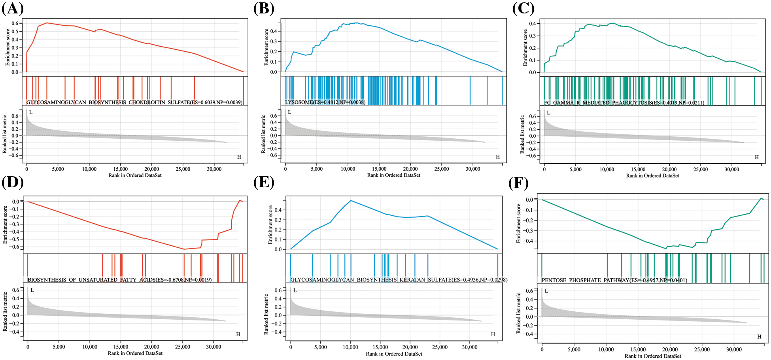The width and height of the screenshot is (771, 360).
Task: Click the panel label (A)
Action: pos(13,8)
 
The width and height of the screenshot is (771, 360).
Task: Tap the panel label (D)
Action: pos(13,182)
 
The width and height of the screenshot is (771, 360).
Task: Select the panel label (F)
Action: pos(518,183)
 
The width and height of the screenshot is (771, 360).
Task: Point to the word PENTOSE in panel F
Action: pos(554,280)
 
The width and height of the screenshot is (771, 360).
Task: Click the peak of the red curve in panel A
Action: pos(47,23)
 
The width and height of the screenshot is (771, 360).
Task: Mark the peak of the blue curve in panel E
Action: pos(351,200)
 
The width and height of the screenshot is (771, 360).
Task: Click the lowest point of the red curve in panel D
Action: pos(184,249)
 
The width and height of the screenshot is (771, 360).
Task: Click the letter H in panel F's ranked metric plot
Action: pos(759,337)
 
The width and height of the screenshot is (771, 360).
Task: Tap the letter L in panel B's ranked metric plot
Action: pos(289,112)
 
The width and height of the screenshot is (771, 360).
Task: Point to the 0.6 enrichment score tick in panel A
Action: pos(15,23)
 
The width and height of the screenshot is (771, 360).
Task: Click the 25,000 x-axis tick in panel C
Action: pos(700,169)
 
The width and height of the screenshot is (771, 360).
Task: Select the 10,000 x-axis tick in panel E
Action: pos(350,347)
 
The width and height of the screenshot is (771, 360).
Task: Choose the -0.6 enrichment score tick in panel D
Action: pos(15,247)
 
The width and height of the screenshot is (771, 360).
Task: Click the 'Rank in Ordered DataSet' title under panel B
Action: pos(393,175)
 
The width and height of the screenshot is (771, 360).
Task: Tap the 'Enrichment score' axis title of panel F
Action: pos(519,223)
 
